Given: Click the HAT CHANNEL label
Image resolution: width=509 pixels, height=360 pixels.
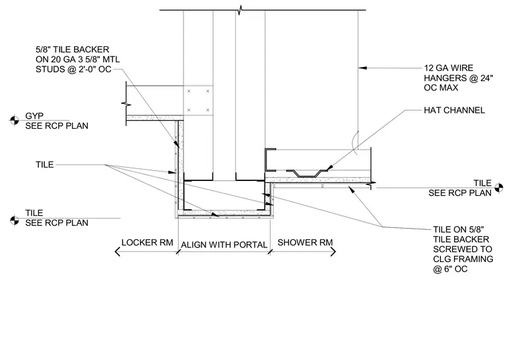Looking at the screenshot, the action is click(x=454, y=110).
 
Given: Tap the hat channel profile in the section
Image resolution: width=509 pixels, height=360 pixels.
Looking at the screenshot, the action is click(x=307, y=174).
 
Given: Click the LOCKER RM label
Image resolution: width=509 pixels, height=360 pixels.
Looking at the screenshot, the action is click(x=147, y=243).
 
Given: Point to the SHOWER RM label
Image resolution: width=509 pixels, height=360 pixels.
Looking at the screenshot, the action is click(x=305, y=243).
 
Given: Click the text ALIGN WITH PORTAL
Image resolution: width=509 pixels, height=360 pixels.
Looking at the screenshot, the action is click(x=224, y=245).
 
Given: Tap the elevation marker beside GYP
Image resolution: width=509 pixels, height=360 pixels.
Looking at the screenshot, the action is click(x=14, y=120).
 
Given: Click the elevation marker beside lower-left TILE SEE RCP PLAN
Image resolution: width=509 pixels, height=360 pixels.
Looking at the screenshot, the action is click(x=14, y=220).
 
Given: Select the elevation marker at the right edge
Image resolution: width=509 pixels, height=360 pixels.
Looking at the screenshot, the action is click(x=498, y=188).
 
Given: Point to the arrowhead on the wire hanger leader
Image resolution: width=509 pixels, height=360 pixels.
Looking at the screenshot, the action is click(x=362, y=68).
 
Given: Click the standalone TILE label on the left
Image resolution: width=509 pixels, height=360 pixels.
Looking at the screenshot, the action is click(x=45, y=164).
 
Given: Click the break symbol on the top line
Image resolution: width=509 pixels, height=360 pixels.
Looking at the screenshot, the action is click(x=240, y=10).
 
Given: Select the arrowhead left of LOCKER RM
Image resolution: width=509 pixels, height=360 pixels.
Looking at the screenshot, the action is click(x=117, y=251).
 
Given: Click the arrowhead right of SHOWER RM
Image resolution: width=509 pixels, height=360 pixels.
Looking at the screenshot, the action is click(x=333, y=251).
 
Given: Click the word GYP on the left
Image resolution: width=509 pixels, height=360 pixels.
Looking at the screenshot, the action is click(x=34, y=116).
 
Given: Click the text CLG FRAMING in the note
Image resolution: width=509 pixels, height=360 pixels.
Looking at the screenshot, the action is click(x=463, y=259).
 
